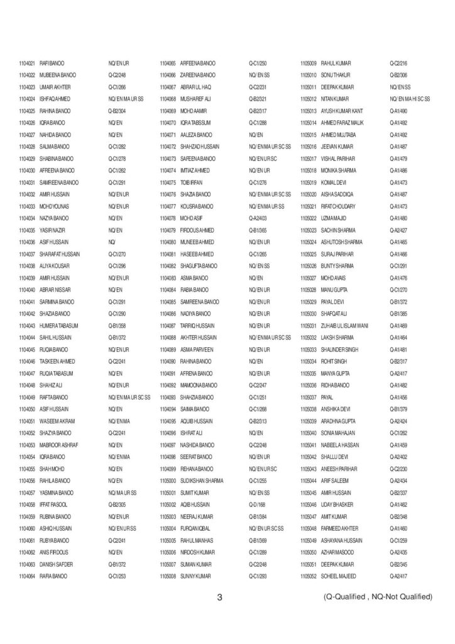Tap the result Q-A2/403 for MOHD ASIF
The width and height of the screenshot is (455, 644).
pos(259,218)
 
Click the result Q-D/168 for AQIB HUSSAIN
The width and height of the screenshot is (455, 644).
pos(258,504)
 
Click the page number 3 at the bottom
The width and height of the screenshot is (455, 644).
pos(220,597)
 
